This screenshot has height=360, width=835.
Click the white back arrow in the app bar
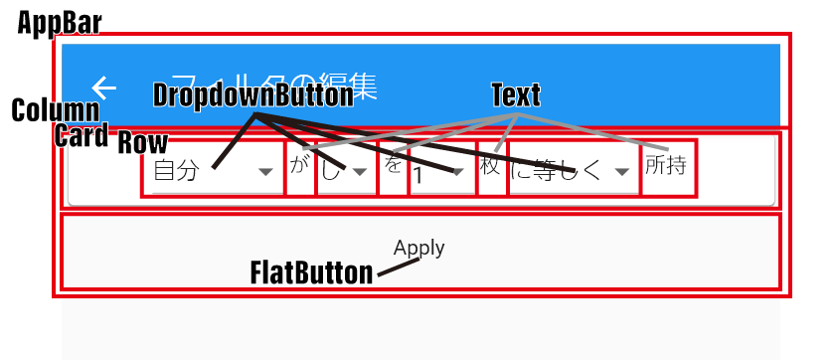point(104,88)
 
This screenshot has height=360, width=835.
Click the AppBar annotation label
point(59,25)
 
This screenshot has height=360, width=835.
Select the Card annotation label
point(81,137)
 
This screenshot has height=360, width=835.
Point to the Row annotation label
point(143,142)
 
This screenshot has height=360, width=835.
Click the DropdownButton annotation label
point(252,95)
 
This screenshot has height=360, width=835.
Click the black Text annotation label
point(516,95)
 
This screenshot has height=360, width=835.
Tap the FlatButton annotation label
point(311,272)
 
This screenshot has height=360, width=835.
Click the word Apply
point(418,248)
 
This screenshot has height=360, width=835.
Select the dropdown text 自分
point(176,171)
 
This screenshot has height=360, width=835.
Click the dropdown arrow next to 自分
point(265,172)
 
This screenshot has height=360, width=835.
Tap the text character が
point(299,165)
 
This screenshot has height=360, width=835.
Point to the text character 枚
point(490,166)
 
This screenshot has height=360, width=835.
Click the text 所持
point(665,165)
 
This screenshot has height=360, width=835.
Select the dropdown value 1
point(419,177)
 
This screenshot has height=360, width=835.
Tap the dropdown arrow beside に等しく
point(622,172)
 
